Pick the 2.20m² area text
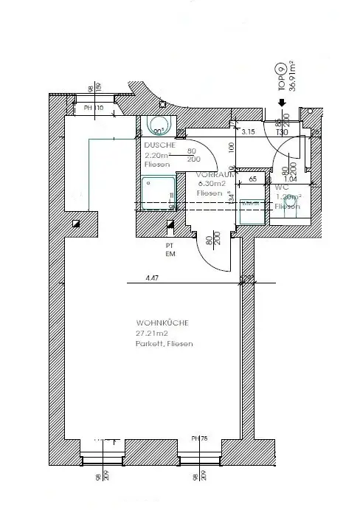coord(158,156)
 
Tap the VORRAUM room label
coord(215,175)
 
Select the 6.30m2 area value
coord(212,184)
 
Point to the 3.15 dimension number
coord(249,133)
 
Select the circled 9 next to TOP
coord(279,70)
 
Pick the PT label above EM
coord(170,245)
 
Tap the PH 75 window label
coord(199,439)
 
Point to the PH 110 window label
coord(93,109)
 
